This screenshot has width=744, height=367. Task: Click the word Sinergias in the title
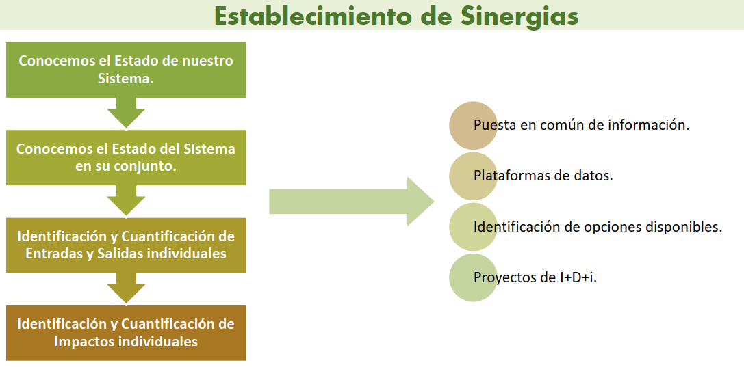coord(519,16)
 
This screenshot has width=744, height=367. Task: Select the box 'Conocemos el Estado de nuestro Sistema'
coord(126,70)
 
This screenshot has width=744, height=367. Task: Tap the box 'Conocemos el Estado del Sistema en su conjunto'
coord(126,158)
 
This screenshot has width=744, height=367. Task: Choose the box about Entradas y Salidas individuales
coord(126,245)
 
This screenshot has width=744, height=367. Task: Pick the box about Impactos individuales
coord(126,333)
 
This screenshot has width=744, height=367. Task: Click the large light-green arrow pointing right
coord(352,202)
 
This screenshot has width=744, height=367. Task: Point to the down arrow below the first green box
coord(126,113)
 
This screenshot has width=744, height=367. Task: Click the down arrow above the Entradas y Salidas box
coord(126,200)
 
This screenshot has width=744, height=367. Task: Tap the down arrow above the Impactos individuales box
coord(126,288)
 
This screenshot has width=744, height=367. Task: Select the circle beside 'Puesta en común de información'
coord(474,126)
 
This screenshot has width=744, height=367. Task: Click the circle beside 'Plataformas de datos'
coord(474,176)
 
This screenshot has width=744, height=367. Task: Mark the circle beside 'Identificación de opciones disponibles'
coord(474,227)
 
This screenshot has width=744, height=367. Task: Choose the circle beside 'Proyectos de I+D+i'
coord(474,277)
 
